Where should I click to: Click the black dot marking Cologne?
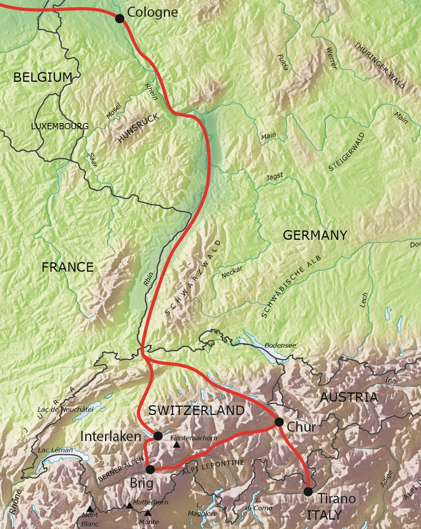click(119, 18)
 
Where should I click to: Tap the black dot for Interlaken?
click(158, 436)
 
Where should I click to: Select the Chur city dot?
click(279, 422)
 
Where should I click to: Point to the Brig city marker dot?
click(150, 469)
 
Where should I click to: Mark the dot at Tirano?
click(308, 491)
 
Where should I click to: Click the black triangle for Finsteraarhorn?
click(177, 445)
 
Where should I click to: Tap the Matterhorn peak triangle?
click(130, 505)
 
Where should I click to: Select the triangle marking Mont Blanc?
click(89, 509)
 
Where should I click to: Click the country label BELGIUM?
click(43, 77)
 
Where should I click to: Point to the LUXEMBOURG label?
click(59, 126)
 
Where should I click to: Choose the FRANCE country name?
click(67, 267)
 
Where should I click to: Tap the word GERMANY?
click(315, 235)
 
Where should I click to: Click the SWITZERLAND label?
click(196, 411)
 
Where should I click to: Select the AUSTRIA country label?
click(348, 397)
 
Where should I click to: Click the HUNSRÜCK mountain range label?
click(138, 128)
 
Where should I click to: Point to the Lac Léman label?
click(56, 450)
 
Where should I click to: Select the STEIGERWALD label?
click(347, 152)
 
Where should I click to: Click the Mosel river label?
click(113, 110)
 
